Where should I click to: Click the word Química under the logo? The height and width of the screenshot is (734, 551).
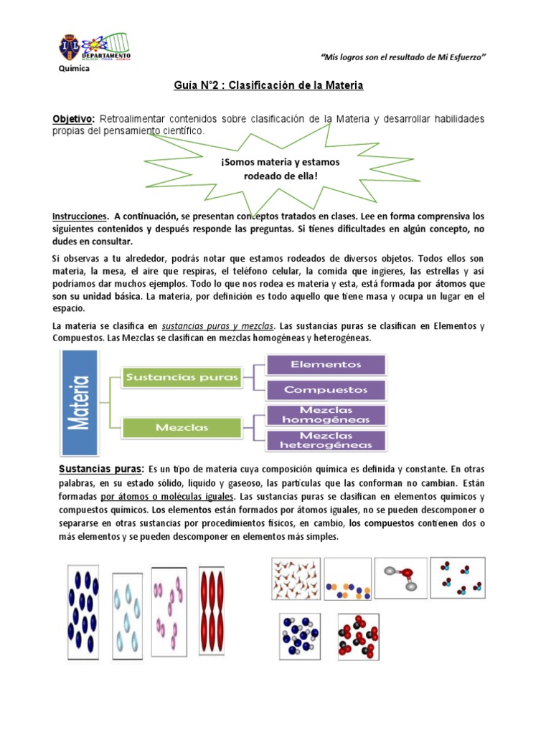pos(73,69)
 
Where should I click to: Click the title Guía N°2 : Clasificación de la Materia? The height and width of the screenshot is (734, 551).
pos(269,85)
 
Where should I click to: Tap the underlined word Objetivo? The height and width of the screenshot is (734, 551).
pos(73,118)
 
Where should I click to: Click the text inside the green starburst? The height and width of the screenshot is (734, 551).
pos(280,169)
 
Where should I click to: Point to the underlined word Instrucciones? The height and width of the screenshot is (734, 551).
pos(80,216)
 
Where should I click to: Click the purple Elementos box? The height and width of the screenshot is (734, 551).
pos(326,364)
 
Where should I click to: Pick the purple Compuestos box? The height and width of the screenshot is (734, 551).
pos(326,389)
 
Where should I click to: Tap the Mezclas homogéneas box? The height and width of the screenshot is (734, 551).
pos(326,415)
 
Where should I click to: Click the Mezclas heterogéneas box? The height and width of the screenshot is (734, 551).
pos(326,440)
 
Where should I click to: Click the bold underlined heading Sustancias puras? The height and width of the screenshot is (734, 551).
pos(100,470)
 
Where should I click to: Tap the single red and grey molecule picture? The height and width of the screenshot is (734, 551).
pos(400,578)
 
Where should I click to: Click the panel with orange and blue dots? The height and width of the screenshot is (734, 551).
pos(347,579)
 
